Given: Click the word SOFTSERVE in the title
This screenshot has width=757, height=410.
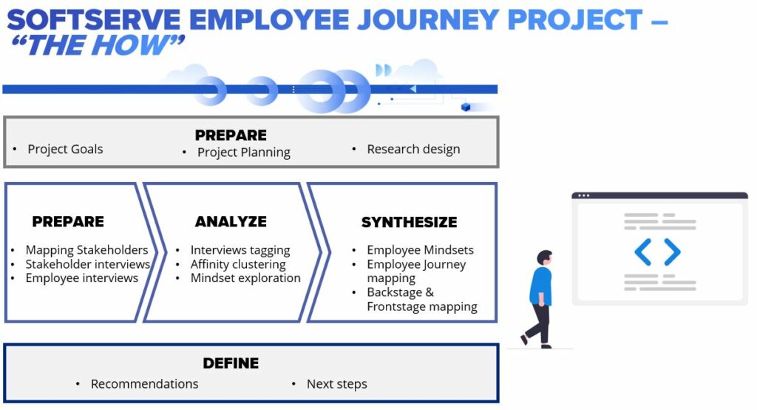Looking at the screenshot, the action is [94, 20].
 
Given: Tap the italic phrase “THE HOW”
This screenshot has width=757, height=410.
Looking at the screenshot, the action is [98, 45].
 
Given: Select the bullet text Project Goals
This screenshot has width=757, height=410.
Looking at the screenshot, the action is [65, 149].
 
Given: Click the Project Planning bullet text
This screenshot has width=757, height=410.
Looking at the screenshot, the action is [244, 152].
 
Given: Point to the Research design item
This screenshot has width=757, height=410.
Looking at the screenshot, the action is [413, 149].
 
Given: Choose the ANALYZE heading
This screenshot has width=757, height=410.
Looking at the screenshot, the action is [231, 221].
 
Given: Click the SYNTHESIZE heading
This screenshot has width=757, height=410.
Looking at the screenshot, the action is [410, 222].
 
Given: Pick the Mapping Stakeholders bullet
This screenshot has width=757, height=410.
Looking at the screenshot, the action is [87, 250].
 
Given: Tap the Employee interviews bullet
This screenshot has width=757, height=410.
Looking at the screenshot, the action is [82, 278].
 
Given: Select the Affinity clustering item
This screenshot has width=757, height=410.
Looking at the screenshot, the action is [238, 264].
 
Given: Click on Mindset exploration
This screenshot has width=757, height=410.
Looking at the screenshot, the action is [245, 278].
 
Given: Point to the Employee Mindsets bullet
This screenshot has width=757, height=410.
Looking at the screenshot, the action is [420, 250].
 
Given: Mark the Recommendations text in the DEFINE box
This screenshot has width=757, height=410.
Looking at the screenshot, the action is [144, 384].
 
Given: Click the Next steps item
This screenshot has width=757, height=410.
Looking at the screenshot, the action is [337, 384].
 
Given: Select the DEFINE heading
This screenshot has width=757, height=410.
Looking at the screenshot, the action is [231, 363].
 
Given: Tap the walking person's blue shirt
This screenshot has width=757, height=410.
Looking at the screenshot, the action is [540, 285].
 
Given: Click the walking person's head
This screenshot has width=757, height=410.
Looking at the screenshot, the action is [545, 258].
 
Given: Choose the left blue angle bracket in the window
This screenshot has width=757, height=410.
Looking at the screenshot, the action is [643, 252].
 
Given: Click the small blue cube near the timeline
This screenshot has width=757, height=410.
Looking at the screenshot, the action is [466, 107].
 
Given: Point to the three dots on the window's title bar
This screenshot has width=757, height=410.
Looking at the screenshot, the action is [584, 196].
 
